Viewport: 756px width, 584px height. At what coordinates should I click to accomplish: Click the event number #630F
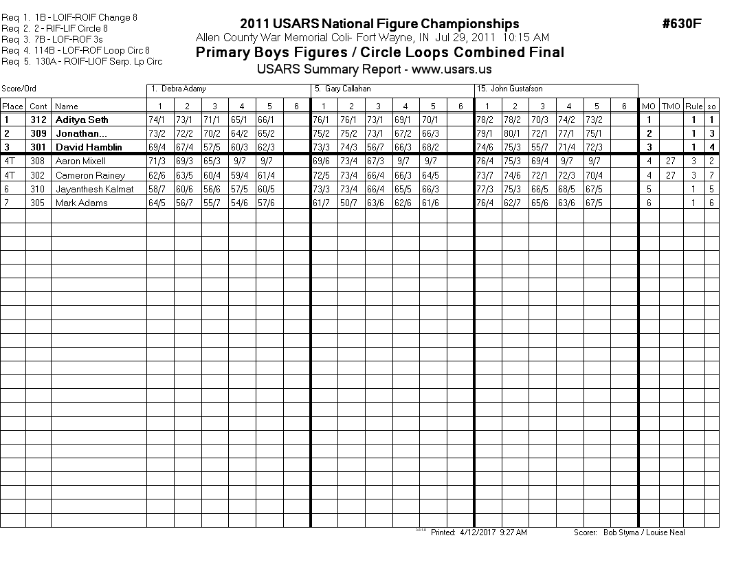(x=681, y=24)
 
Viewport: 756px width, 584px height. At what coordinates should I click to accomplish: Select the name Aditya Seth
(x=82, y=120)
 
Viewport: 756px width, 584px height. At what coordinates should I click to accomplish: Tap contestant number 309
(x=38, y=133)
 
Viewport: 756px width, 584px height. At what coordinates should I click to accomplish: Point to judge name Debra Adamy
(x=183, y=89)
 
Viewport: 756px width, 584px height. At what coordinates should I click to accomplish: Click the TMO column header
(x=671, y=106)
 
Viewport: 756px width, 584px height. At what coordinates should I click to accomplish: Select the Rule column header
(x=694, y=106)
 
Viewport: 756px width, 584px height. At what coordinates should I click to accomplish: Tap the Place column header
(x=12, y=106)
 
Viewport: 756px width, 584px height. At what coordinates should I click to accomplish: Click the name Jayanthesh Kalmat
(x=95, y=189)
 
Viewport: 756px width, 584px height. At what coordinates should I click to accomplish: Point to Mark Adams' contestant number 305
(x=38, y=203)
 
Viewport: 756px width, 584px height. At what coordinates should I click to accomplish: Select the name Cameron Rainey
(x=90, y=175)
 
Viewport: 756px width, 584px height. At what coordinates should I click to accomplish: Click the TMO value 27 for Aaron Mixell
(x=671, y=161)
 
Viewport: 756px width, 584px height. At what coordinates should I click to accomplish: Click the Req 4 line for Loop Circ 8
(x=85, y=50)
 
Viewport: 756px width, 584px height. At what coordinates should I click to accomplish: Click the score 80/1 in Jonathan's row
(x=514, y=133)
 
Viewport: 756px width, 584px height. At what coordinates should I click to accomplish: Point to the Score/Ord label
(x=19, y=89)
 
